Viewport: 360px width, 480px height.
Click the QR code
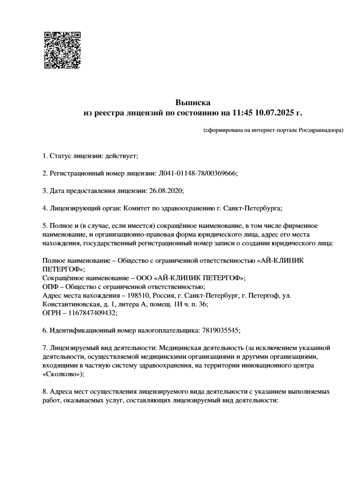click(x=63, y=50)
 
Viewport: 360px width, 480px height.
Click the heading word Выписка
click(x=192, y=103)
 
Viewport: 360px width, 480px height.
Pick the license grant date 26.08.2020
click(x=167, y=191)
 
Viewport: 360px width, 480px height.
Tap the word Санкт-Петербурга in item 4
click(x=256, y=208)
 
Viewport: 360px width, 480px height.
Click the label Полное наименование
click(x=75, y=260)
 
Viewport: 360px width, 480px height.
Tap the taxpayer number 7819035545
click(x=219, y=330)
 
